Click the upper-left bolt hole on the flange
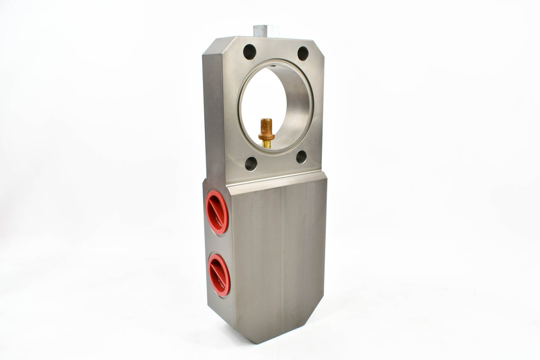pyautogui.click(x=250, y=52)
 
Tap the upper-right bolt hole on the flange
pyautogui.click(x=303, y=54)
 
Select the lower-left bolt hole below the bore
pyautogui.click(x=251, y=163)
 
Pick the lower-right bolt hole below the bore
pyautogui.click(x=301, y=157)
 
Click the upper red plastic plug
pyautogui.click(x=217, y=212)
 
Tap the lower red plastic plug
pyautogui.click(x=219, y=275)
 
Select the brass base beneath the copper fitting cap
pyautogui.click(x=266, y=143)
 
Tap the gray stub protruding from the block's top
pyautogui.click(x=266, y=31)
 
